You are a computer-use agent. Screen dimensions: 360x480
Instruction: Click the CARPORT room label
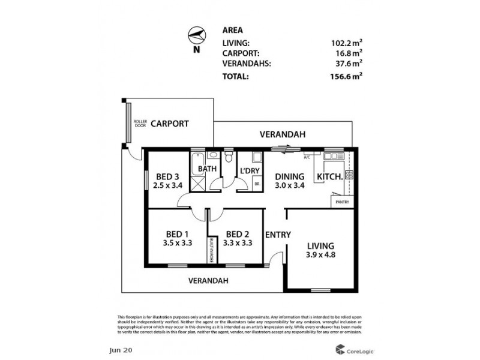[169, 124]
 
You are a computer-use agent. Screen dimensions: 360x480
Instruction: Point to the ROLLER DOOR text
[140, 124]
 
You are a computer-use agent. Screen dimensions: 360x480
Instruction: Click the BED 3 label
[167, 177]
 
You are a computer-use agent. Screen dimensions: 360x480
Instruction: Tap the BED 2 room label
[237, 235]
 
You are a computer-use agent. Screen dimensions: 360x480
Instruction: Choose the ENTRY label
[278, 235]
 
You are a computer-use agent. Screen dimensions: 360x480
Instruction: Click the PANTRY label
[342, 202]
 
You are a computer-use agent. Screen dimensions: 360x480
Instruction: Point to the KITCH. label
[329, 177]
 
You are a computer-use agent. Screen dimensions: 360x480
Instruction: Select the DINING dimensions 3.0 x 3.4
[290, 186]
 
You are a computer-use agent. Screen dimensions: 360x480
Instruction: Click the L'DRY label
[249, 171]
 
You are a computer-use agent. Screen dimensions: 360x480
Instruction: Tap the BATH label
[207, 169]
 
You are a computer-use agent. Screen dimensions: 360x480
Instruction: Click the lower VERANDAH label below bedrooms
[208, 280]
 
